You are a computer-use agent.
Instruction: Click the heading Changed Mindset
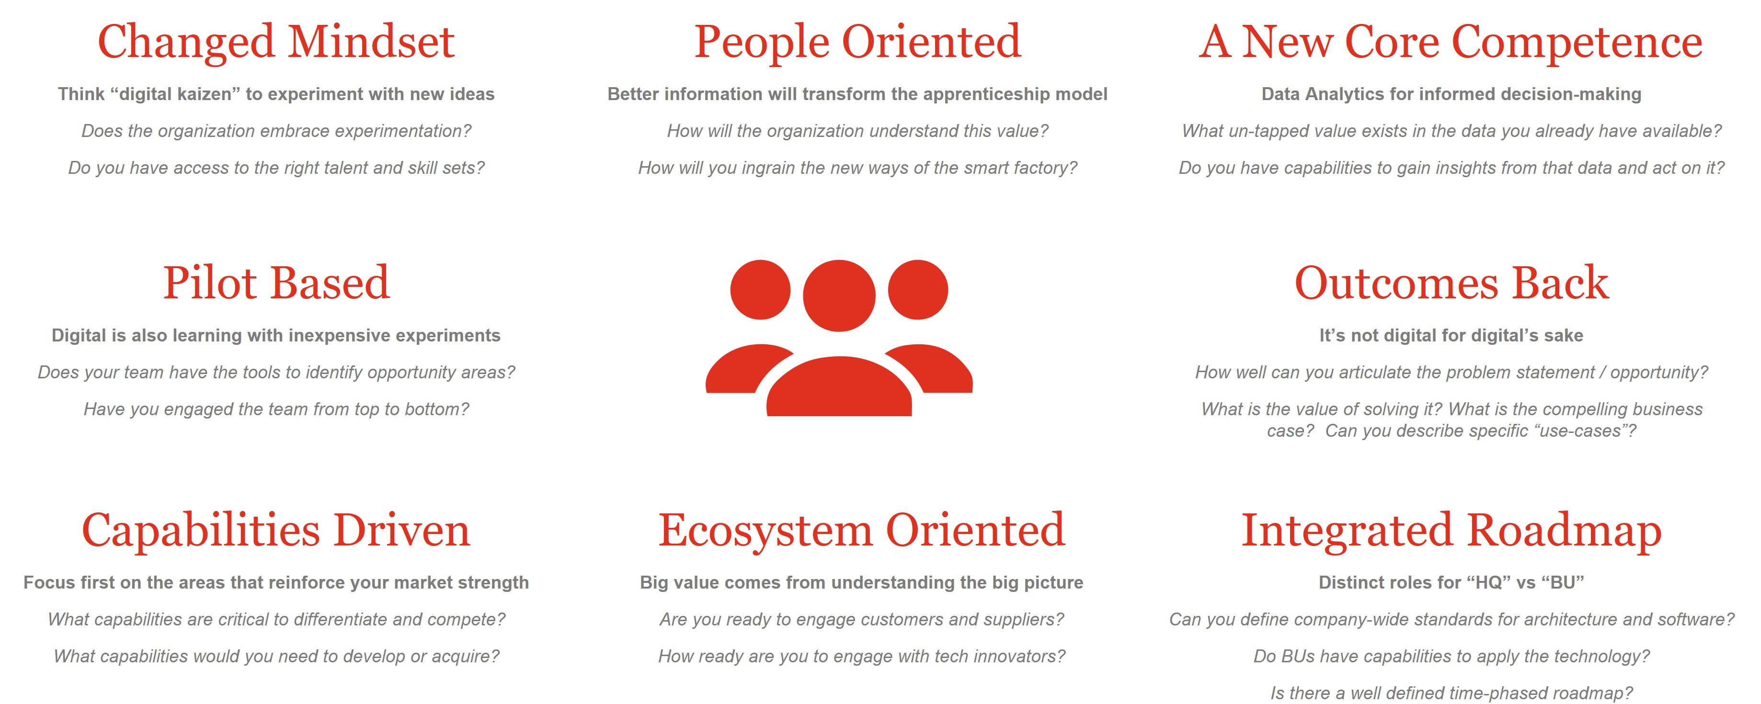click(276, 42)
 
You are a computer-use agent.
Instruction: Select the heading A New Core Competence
click(1451, 42)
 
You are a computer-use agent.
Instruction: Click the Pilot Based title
click(276, 283)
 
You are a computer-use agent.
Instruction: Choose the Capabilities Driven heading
click(276, 530)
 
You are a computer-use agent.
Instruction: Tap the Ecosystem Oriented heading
click(861, 530)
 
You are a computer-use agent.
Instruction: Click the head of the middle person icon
click(839, 295)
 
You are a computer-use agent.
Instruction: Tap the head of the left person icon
click(760, 290)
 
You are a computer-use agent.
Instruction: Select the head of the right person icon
click(918, 290)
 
